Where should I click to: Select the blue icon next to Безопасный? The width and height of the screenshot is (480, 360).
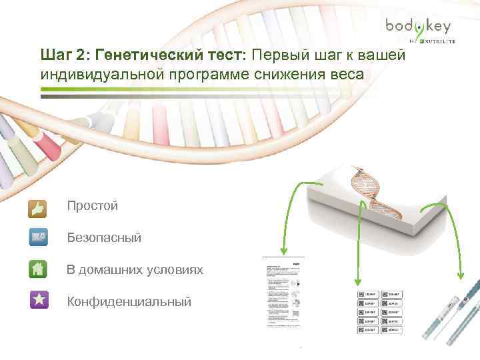point(39,237)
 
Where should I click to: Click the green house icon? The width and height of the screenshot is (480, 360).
point(39,268)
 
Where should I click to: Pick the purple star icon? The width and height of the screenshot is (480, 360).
point(39,299)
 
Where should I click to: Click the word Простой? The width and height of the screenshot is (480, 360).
point(92,206)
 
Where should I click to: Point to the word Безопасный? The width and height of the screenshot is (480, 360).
point(104,237)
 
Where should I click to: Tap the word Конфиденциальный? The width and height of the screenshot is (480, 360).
point(129,302)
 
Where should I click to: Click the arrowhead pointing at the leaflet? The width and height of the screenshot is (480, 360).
point(283,252)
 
